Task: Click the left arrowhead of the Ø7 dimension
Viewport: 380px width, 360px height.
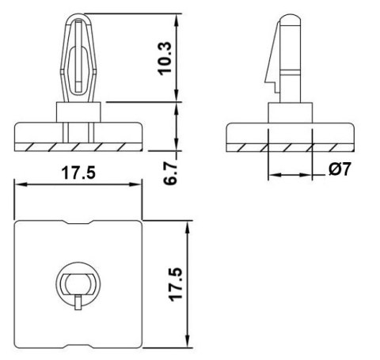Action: (272, 174)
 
